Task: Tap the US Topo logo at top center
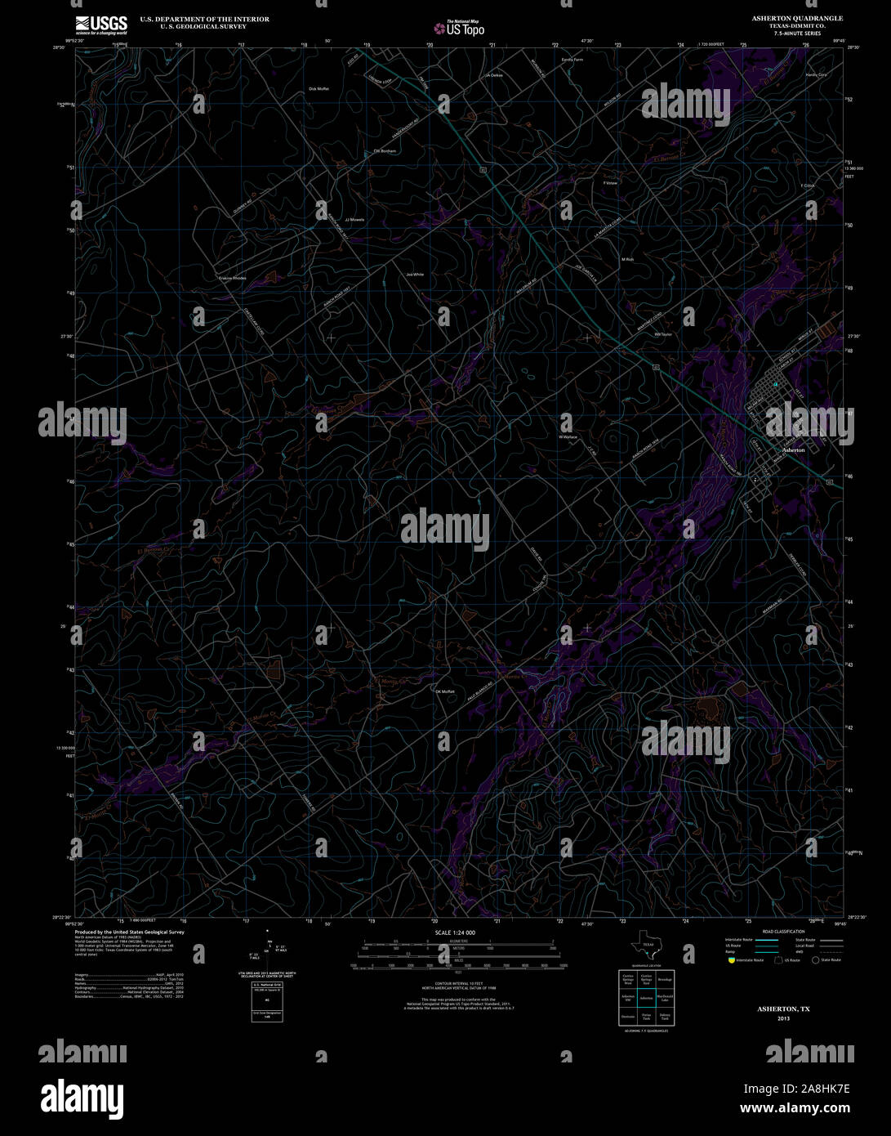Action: [460, 29]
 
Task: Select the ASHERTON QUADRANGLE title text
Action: [799, 18]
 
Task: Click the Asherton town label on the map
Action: [793, 450]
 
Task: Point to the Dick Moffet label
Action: [319, 88]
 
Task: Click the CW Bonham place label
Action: [385, 151]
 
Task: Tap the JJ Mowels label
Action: [354, 220]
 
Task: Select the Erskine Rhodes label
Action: [232, 278]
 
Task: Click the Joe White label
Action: [415, 275]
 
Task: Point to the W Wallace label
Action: [568, 437]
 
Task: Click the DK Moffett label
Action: [444, 691]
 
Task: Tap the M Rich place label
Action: [627, 259]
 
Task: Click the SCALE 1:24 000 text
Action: [455, 933]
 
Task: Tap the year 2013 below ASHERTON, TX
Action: [783, 1018]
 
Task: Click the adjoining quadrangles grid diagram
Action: [646, 997]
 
